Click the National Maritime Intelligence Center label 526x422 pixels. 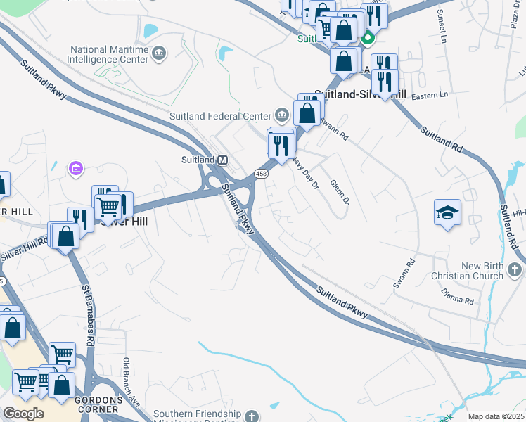[109, 55]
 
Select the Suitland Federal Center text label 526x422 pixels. [220, 116]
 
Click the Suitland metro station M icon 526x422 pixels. [222, 160]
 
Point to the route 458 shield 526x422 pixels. [262, 173]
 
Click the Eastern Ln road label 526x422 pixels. [430, 95]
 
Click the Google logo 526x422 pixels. [23, 414]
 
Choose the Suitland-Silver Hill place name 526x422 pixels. [360, 94]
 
